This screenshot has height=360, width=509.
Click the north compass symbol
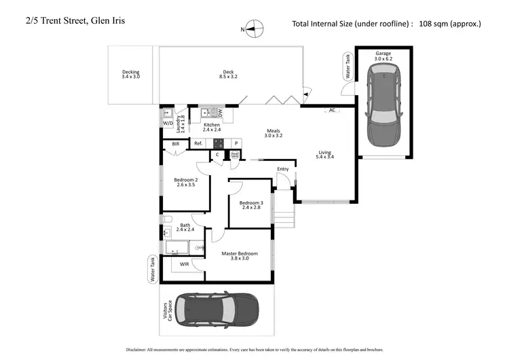[x=254, y=29]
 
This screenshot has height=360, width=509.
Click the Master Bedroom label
[x=240, y=255]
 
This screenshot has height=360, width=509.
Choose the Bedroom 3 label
[x=251, y=205]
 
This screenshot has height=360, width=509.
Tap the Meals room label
[x=273, y=133]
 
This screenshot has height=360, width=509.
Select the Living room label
[x=326, y=154]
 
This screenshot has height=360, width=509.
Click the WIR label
[x=185, y=264]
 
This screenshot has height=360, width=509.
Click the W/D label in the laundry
[x=168, y=123]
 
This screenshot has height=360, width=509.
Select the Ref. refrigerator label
[x=198, y=143]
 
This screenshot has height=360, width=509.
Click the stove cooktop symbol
[x=219, y=143]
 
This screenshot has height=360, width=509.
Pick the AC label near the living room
[x=332, y=110]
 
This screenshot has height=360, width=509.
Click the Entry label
[x=283, y=169]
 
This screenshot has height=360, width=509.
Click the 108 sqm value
[x=447, y=24]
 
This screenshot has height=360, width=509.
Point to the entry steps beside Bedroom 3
[x=284, y=219]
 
